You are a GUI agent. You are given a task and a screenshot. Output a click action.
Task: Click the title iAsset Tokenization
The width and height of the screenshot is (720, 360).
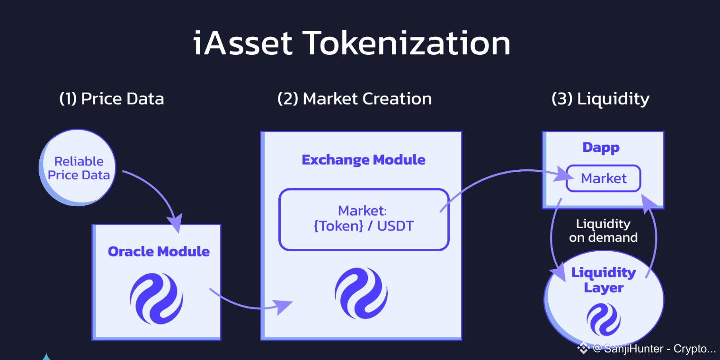click(352, 44)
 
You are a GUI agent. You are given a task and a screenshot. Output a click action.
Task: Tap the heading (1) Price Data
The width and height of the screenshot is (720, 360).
click(112, 99)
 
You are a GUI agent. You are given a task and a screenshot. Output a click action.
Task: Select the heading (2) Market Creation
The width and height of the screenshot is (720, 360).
click(354, 99)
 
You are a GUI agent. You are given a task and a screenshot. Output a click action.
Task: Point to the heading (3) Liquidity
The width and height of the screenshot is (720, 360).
click(600, 99)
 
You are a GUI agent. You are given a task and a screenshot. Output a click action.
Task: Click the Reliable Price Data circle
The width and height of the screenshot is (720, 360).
click(78, 168)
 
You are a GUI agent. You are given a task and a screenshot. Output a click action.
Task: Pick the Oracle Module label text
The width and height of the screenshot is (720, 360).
click(159, 251)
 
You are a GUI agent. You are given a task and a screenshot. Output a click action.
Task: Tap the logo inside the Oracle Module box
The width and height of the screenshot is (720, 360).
click(156, 299)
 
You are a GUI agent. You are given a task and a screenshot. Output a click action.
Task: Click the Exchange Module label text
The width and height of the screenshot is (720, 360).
click(364, 160)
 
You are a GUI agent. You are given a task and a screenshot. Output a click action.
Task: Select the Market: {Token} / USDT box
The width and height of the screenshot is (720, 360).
click(364, 219)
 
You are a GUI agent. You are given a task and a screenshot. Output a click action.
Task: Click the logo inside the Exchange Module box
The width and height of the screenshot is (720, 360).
click(361, 293)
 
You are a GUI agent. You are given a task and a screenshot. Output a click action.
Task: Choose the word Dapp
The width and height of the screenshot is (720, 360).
click(601, 148)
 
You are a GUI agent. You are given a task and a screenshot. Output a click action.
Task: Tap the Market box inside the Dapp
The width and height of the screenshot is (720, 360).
click(603, 178)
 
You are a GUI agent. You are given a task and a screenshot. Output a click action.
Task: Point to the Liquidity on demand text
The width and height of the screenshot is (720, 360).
click(603, 230)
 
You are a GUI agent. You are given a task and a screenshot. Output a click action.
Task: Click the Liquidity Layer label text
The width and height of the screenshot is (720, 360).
click(604, 280)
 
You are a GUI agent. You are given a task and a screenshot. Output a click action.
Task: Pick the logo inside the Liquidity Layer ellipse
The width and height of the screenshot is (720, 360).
click(604, 319)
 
